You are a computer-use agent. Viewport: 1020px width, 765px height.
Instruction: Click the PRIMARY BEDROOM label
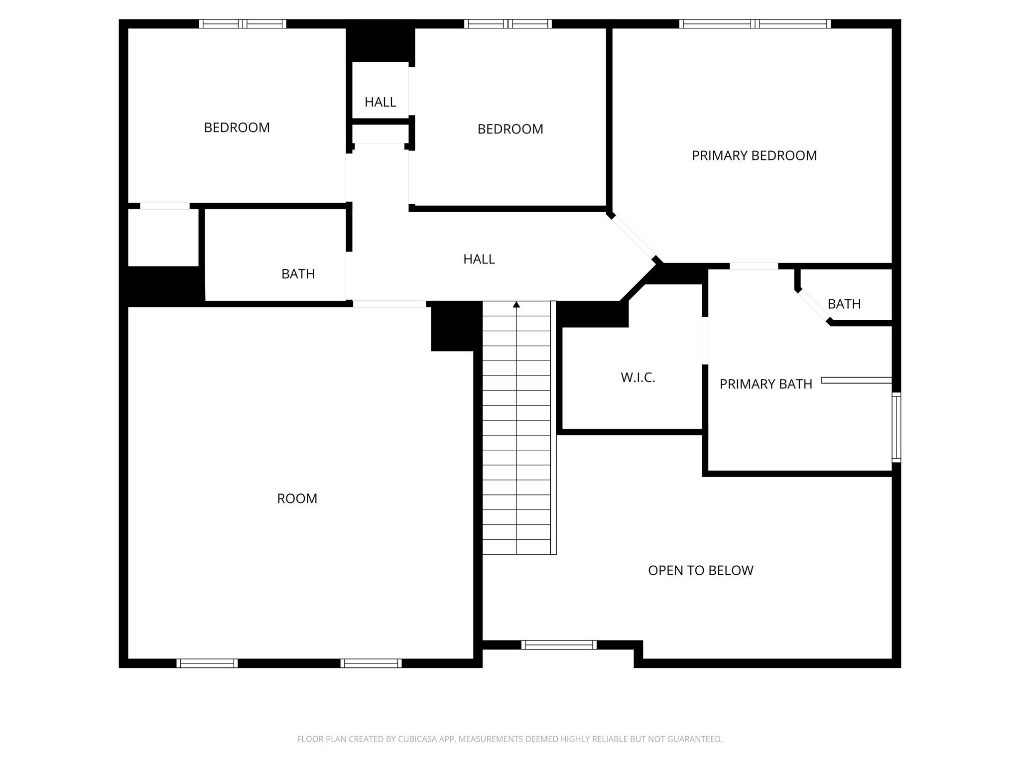[x=754, y=156]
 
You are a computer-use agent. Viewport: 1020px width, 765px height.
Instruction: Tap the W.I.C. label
[x=637, y=378]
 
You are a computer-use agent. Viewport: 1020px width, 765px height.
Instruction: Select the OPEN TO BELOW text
[x=700, y=570]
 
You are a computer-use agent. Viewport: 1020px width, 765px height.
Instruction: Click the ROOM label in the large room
[x=297, y=499]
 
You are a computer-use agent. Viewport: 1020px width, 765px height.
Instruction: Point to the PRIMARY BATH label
[x=765, y=384]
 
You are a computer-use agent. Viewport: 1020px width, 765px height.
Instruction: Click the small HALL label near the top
[x=380, y=102]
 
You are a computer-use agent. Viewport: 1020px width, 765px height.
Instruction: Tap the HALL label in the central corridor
[x=479, y=259]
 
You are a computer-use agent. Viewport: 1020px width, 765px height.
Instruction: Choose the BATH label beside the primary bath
[x=844, y=304]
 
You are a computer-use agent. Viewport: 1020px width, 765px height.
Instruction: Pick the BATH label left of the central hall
[x=298, y=274]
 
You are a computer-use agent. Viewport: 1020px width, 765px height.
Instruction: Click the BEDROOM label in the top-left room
[x=237, y=127]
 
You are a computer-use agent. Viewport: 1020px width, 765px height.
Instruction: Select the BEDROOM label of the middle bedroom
[x=510, y=129]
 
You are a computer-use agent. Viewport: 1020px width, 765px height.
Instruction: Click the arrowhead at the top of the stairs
[x=516, y=304]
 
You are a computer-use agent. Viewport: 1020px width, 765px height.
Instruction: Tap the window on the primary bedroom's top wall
[x=755, y=23]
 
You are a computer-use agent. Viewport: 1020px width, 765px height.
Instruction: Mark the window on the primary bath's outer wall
[x=896, y=427]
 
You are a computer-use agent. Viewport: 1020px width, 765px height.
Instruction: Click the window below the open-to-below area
[x=559, y=645]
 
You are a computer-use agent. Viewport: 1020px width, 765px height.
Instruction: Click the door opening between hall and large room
[x=389, y=304]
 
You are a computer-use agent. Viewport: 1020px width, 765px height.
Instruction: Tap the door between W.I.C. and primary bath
[x=705, y=341]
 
